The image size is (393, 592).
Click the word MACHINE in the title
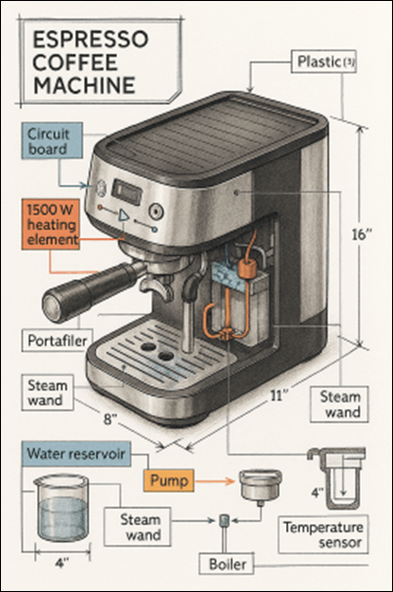[84, 85]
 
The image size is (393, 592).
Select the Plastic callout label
[324, 62]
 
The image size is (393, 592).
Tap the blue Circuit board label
[52, 141]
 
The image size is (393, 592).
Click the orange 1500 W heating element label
[51, 224]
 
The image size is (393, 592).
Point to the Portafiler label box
[58, 341]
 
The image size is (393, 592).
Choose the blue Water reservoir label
[76, 453]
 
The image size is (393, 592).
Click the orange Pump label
[169, 480]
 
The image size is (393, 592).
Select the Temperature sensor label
[323, 534]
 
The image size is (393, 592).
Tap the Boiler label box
[227, 565]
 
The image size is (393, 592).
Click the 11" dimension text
[280, 396]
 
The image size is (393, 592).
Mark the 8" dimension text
[110, 419]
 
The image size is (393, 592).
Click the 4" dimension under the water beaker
[63, 564]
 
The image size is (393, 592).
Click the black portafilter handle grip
[89, 290]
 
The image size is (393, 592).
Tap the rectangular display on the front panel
[127, 192]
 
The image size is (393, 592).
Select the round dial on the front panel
[155, 211]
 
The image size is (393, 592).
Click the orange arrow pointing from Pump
[215, 480]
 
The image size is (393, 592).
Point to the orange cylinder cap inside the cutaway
[247, 268]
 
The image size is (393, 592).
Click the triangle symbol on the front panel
[123, 216]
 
